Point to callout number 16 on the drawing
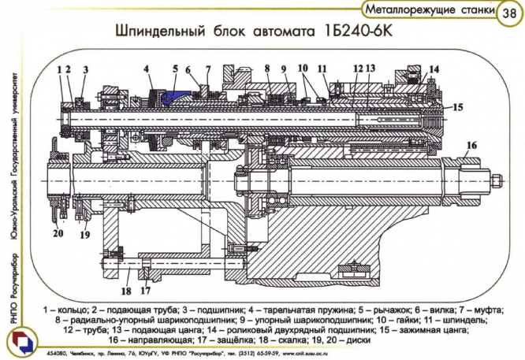[x=471, y=145]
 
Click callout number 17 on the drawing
[x=145, y=274]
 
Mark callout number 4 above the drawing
[x=147, y=69]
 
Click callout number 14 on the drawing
[x=434, y=69]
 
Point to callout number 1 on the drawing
[x=59, y=69]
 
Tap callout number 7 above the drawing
[x=208, y=69]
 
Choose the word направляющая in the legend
[x=164, y=340]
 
